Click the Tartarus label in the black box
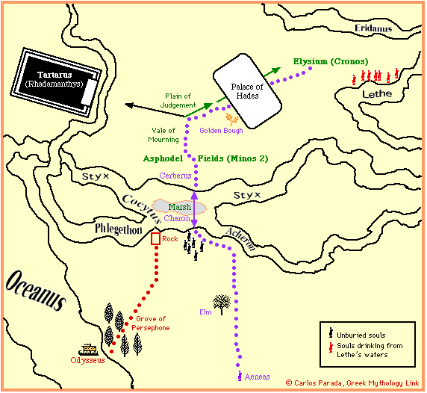pos(54,75)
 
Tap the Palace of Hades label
pos(247,91)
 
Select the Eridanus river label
pos(373,28)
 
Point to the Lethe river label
pos(377,94)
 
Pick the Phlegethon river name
pos(119,229)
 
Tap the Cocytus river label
pos(142,208)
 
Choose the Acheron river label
pos(240,239)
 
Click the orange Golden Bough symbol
pos(231,119)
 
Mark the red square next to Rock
pos(155,239)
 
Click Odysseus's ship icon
pos(89,350)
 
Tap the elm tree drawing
pos(222,304)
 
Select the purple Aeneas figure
pos(240,376)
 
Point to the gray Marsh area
pos(179,207)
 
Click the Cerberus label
pos(175,176)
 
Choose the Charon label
pos(177,218)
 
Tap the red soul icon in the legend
pos(331,347)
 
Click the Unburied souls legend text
pos(361,335)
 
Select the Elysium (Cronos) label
pos(331,61)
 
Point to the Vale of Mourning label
pos(163,135)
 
